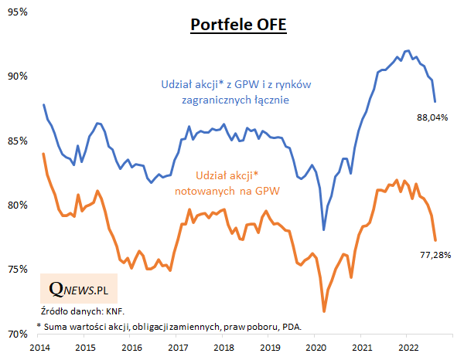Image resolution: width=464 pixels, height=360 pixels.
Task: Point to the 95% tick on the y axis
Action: tap(17, 12)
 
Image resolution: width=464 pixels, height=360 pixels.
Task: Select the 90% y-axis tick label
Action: tap(17, 76)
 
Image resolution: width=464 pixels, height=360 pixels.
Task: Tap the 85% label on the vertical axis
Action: tap(17, 141)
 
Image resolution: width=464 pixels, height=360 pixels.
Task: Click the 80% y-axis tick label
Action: tap(17, 205)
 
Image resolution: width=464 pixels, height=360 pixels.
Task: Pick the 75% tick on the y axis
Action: tap(17, 269)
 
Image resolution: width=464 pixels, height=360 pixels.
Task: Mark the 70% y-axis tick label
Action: tap(17, 334)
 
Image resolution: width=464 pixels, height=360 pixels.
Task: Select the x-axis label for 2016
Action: tap(133, 348)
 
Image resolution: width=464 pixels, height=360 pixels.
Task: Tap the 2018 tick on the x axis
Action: tap(223, 348)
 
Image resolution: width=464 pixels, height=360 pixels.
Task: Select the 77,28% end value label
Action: tap(433, 253)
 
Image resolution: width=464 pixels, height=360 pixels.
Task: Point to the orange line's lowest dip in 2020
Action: tap(324, 311)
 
